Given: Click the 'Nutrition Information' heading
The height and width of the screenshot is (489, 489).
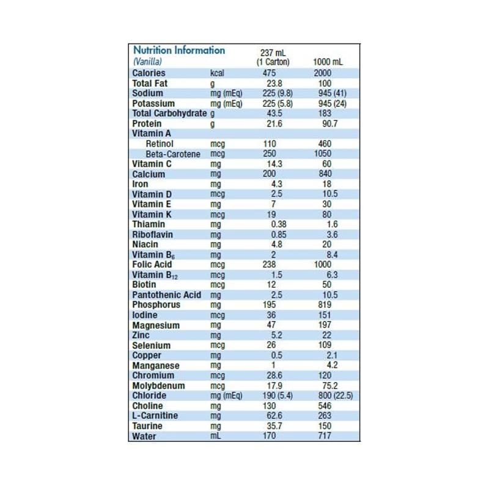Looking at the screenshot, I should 178,50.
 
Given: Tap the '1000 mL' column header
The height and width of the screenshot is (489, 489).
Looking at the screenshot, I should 328,62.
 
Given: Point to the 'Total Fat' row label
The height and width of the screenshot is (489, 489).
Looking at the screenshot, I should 150,83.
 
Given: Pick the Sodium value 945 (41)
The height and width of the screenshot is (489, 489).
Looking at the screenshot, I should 328,93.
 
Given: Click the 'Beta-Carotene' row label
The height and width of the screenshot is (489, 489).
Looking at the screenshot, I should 174,153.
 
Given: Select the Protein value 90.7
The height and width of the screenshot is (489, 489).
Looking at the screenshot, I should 328,123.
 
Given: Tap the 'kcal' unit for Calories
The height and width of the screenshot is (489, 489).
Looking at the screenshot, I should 218,73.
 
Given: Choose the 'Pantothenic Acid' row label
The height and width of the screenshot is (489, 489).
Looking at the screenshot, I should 166,295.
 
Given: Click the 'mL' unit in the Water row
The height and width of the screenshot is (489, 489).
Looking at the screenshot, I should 215,436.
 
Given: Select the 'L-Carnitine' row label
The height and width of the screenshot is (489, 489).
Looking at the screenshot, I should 155,416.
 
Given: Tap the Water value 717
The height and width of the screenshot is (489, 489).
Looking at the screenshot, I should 328,436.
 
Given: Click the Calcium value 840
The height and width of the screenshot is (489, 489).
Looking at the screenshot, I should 328,174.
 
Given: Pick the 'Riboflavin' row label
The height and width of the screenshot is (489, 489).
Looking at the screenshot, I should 152,234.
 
